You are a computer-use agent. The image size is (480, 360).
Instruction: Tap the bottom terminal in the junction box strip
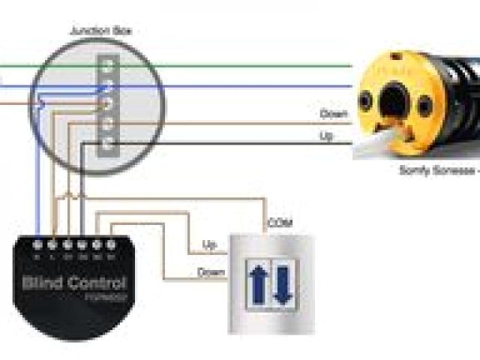[109, 140]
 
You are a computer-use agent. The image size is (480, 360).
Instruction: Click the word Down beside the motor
[333, 114]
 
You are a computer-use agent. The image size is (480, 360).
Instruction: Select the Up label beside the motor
[326, 136]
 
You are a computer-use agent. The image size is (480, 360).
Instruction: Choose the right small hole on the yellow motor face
[424, 106]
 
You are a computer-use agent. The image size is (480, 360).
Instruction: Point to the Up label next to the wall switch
[210, 245]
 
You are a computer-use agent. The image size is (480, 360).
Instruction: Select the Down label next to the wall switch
[211, 272]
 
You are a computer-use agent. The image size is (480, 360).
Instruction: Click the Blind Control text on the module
[74, 283]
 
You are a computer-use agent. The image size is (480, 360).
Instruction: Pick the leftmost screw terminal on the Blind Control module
[39, 244]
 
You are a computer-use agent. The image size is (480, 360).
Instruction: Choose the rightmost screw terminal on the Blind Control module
[111, 244]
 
